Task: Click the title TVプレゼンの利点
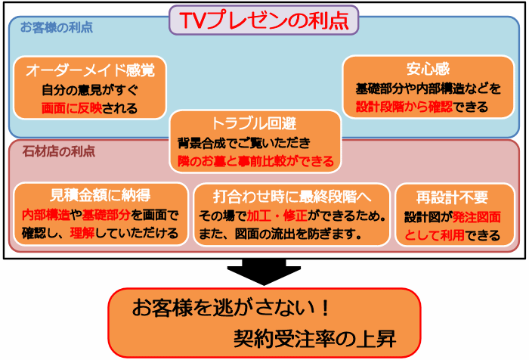point(264,20)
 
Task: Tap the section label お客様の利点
point(57,27)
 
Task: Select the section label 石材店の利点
point(59,151)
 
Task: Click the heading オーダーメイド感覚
point(90,70)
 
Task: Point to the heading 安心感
point(428,69)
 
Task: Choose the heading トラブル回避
point(254,123)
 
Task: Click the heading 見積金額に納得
point(101,195)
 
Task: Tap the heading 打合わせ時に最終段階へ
point(292,196)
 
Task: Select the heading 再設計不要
point(452,197)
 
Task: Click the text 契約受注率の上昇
point(314,338)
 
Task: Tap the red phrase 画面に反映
point(72,108)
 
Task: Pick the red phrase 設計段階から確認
point(404,107)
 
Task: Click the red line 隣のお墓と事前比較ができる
point(255,161)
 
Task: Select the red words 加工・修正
point(277,216)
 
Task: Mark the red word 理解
point(82,233)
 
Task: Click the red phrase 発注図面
point(476,217)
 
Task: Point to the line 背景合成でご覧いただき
point(243,143)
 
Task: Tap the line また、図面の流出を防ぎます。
point(280,234)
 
